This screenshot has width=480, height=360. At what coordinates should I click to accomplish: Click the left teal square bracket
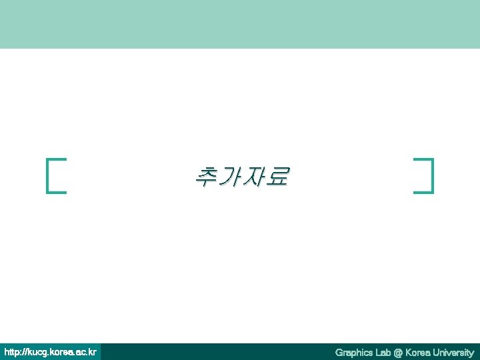click(49, 175)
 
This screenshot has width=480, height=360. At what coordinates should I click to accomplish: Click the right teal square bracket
click(432, 175)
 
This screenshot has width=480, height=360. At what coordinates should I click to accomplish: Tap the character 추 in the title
click(206, 176)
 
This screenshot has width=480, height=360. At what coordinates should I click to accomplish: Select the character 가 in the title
click(230, 176)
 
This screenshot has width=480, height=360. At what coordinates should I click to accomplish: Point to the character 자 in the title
click(254, 176)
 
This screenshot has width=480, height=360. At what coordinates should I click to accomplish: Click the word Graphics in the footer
click(355, 352)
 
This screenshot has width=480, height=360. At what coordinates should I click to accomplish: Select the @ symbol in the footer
click(399, 352)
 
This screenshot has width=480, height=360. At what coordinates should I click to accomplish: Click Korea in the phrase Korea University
click(417, 352)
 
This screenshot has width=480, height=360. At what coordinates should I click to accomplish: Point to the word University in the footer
click(453, 352)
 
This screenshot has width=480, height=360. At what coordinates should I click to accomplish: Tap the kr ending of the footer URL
click(92, 351)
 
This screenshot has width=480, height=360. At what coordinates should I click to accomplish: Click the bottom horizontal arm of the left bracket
click(57, 192)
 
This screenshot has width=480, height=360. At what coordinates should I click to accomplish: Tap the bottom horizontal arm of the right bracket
click(423, 192)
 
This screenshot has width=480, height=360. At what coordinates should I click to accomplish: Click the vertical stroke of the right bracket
click(433, 175)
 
